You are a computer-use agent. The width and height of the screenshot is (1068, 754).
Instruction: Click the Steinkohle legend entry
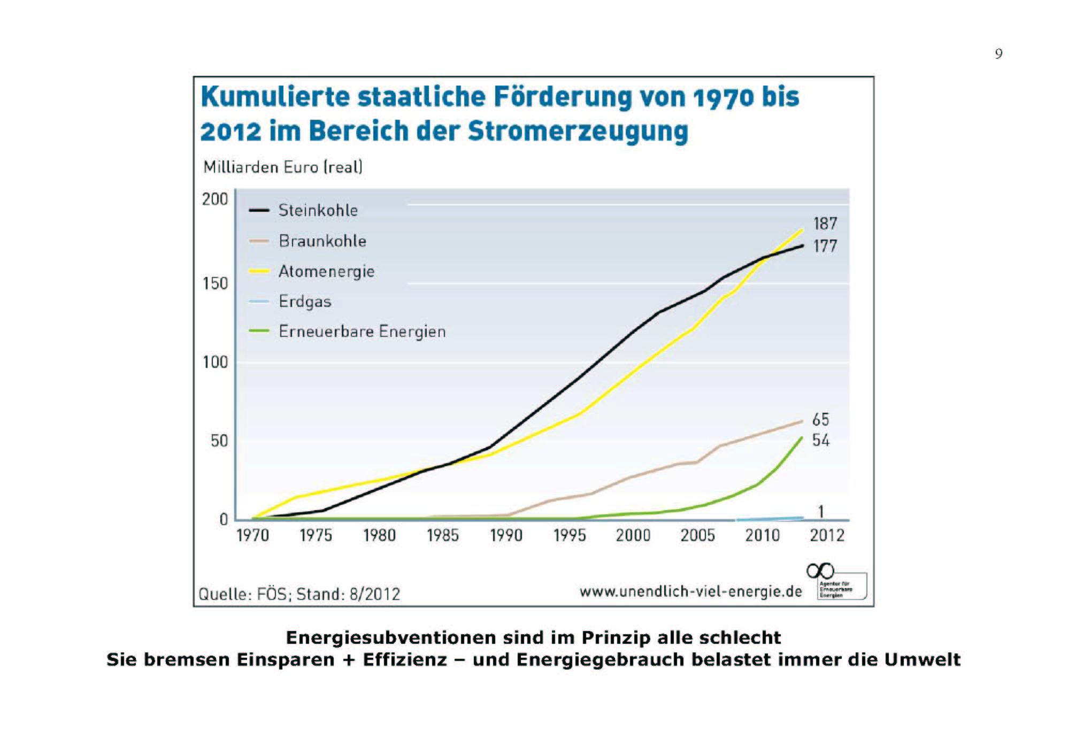[318, 210]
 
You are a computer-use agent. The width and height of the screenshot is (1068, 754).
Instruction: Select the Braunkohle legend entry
[322, 241]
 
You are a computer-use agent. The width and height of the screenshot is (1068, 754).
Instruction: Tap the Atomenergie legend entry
[326, 271]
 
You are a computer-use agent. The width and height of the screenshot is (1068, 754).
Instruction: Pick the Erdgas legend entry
[305, 301]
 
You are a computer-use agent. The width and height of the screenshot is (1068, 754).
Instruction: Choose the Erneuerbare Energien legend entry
[362, 332]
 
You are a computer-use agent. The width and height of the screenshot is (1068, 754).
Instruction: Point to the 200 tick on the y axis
[215, 199]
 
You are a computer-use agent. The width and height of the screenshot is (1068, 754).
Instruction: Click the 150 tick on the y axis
[215, 283]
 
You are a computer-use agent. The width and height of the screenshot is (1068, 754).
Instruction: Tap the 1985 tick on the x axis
[443, 535]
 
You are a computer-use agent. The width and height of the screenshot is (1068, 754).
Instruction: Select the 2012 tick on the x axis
[827, 535]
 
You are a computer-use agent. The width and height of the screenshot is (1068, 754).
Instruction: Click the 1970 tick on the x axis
[252, 535]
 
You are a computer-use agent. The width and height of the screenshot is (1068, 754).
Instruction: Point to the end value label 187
[825, 224]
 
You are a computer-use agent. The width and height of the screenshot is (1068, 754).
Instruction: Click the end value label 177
[825, 246]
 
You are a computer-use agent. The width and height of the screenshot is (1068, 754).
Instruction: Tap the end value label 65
[821, 419]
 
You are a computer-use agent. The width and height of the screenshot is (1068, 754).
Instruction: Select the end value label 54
[821, 440]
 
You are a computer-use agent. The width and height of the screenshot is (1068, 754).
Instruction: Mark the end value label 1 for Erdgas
[821, 512]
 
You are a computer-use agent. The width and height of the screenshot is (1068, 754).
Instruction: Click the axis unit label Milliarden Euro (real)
[283, 167]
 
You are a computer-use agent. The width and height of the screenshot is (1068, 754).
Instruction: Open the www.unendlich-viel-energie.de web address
[691, 591]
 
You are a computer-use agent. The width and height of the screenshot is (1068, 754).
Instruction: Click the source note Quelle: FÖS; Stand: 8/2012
[299, 594]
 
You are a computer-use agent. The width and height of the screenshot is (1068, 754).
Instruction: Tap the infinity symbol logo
[820, 571]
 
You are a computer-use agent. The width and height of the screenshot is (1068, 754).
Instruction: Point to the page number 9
[998, 53]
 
